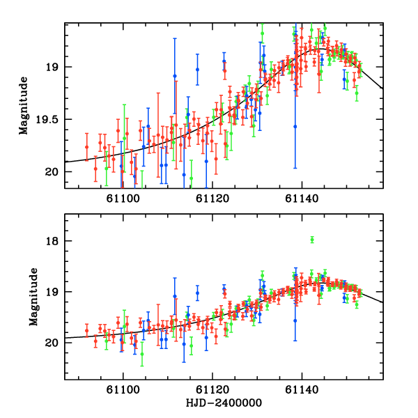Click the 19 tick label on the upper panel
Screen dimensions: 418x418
[52, 67]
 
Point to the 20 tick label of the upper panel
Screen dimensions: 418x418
[52, 171]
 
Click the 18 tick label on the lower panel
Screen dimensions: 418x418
[52, 241]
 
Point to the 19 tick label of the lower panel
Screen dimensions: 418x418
[52, 292]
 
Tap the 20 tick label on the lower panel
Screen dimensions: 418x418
[52, 343]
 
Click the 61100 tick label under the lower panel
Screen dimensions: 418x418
[123, 392]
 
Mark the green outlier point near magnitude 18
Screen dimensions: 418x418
[312, 240]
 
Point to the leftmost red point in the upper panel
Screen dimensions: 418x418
[86, 146]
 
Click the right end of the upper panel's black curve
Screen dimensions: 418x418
[382, 88]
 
